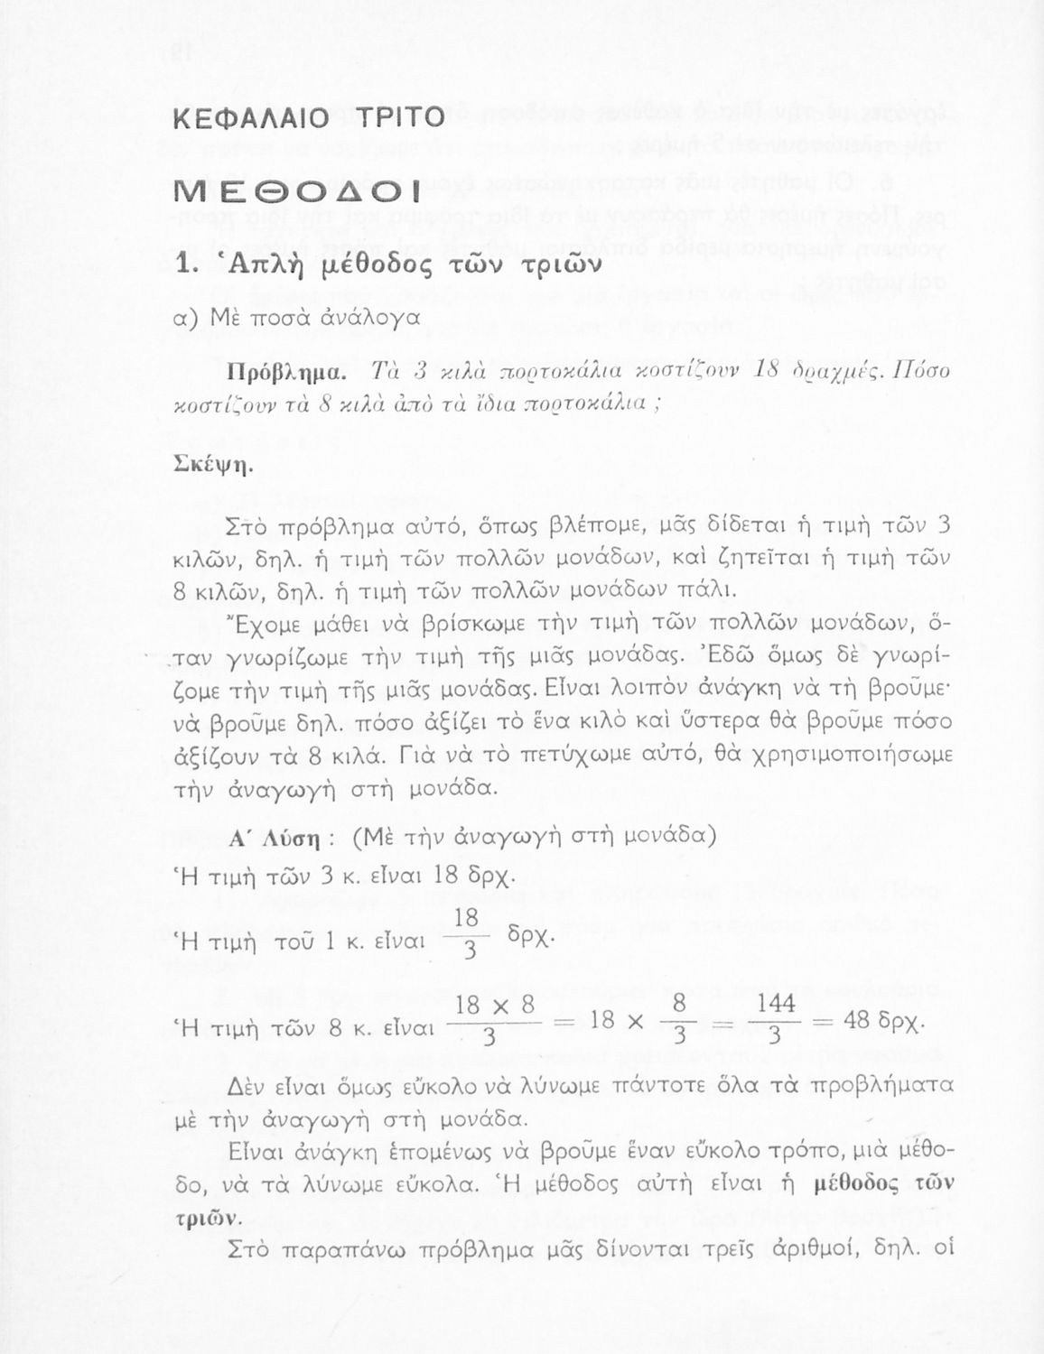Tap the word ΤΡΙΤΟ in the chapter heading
[x=396, y=118]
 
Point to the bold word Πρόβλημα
[x=283, y=371]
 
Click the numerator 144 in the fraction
[x=775, y=1005]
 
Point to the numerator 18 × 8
[x=495, y=1005]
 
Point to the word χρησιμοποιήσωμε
[x=852, y=755]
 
